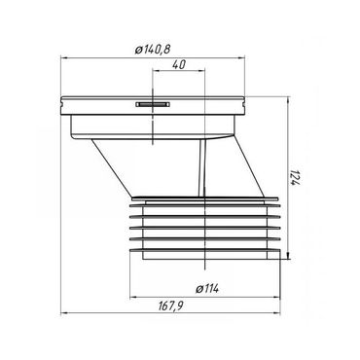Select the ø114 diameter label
pos(206,285)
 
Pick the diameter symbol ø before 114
pos(197,285)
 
